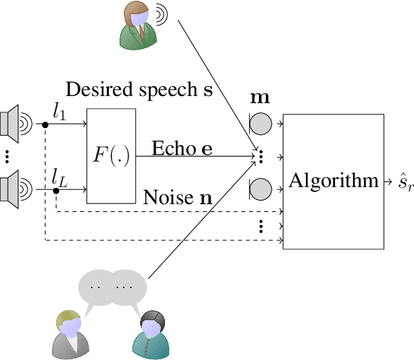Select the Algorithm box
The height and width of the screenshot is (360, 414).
tap(333, 181)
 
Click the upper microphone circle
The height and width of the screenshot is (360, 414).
tap(261, 124)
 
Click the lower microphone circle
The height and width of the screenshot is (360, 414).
tap(261, 189)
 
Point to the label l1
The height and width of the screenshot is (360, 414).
tap(60, 110)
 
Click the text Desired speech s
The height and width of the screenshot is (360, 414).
tap(139, 90)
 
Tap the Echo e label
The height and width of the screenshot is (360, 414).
tap(181, 149)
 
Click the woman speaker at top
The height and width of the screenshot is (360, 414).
tap(137, 26)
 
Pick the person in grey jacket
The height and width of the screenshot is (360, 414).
tap(72, 334)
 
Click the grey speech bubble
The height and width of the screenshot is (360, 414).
tap(112, 286)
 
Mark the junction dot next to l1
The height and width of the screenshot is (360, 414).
tap(46, 125)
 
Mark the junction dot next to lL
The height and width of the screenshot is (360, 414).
tap(55, 191)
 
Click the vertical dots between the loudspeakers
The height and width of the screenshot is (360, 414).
tap(8, 157)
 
